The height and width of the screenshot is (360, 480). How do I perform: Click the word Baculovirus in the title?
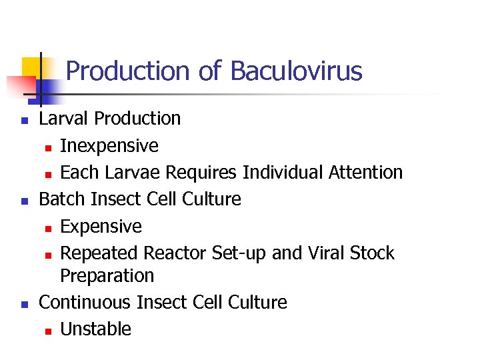click(296, 71)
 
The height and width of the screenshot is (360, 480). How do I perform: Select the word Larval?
click(65, 119)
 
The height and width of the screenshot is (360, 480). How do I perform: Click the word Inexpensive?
click(109, 145)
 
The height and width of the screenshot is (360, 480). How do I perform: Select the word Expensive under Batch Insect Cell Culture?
click(101, 227)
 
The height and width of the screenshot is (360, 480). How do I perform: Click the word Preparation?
click(107, 275)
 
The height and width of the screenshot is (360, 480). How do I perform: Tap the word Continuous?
click(85, 303)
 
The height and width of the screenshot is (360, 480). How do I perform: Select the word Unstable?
click(95, 329)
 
